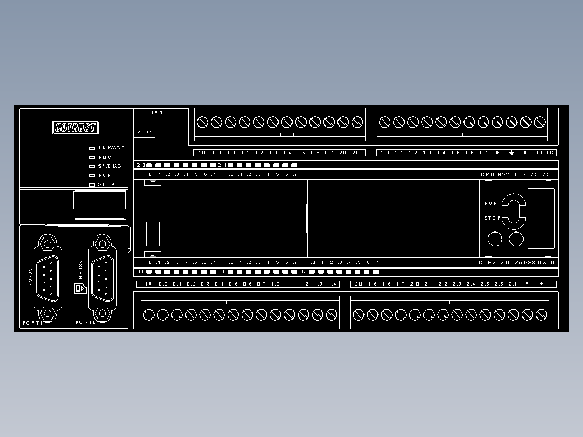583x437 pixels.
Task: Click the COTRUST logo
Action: [76, 128]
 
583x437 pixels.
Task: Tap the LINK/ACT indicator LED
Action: [92, 148]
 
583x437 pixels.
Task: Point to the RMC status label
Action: [105, 157]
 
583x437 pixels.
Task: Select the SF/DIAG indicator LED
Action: [92, 166]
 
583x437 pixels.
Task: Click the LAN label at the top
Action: [157, 112]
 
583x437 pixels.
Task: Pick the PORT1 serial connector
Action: [48, 276]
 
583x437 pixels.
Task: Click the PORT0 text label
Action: [85, 322]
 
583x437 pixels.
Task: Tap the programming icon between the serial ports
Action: [79, 288]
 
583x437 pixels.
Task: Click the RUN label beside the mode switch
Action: [491, 203]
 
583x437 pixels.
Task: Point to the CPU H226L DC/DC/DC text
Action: [517, 175]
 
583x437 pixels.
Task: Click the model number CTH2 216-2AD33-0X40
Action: [516, 263]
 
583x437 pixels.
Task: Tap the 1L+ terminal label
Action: [216, 153]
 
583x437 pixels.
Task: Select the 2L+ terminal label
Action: [357, 153]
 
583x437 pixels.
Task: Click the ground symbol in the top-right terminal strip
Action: [511, 153]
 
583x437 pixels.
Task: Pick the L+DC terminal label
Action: [544, 153]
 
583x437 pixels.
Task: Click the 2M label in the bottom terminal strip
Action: [358, 284]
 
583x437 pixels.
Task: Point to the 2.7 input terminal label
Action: [513, 284]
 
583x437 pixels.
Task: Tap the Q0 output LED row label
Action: [140, 165]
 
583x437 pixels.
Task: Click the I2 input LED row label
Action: [304, 272]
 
